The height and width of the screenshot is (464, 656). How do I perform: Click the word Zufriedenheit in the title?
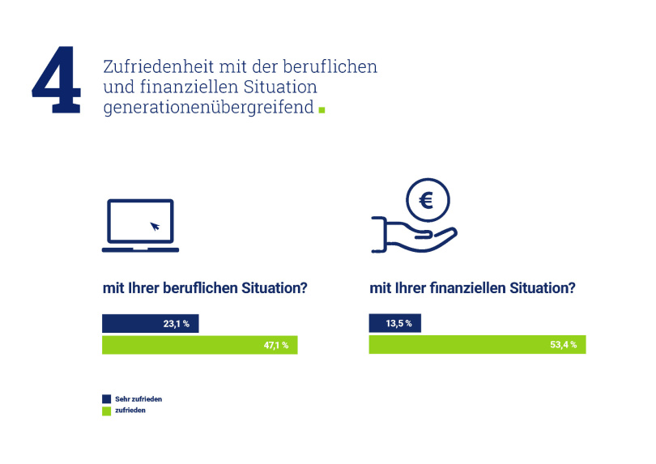click(159, 67)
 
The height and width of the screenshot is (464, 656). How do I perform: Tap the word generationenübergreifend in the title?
click(208, 108)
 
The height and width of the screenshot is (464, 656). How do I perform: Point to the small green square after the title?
click(322, 110)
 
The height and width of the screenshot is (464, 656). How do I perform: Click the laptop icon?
click(140, 225)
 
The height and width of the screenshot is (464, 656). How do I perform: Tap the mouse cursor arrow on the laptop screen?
click(155, 227)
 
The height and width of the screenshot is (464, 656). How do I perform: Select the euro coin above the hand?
click(428, 200)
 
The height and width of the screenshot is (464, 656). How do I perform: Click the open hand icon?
click(414, 235)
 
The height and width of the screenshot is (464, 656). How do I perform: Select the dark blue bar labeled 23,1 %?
click(150, 323)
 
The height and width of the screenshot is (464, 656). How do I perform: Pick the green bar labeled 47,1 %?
click(199, 345)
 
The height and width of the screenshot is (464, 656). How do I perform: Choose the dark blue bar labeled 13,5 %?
click(394, 323)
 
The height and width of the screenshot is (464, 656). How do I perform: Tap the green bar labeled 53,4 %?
click(477, 345)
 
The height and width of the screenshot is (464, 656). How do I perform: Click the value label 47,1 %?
click(275, 346)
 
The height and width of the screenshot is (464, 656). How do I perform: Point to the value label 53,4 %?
click(563, 345)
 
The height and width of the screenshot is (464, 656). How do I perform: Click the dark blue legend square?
click(107, 399)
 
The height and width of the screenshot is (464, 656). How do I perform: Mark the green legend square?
click(107, 411)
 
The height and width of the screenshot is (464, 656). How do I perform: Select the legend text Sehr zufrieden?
click(138, 399)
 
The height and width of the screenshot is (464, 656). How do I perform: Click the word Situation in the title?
click(280, 87)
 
